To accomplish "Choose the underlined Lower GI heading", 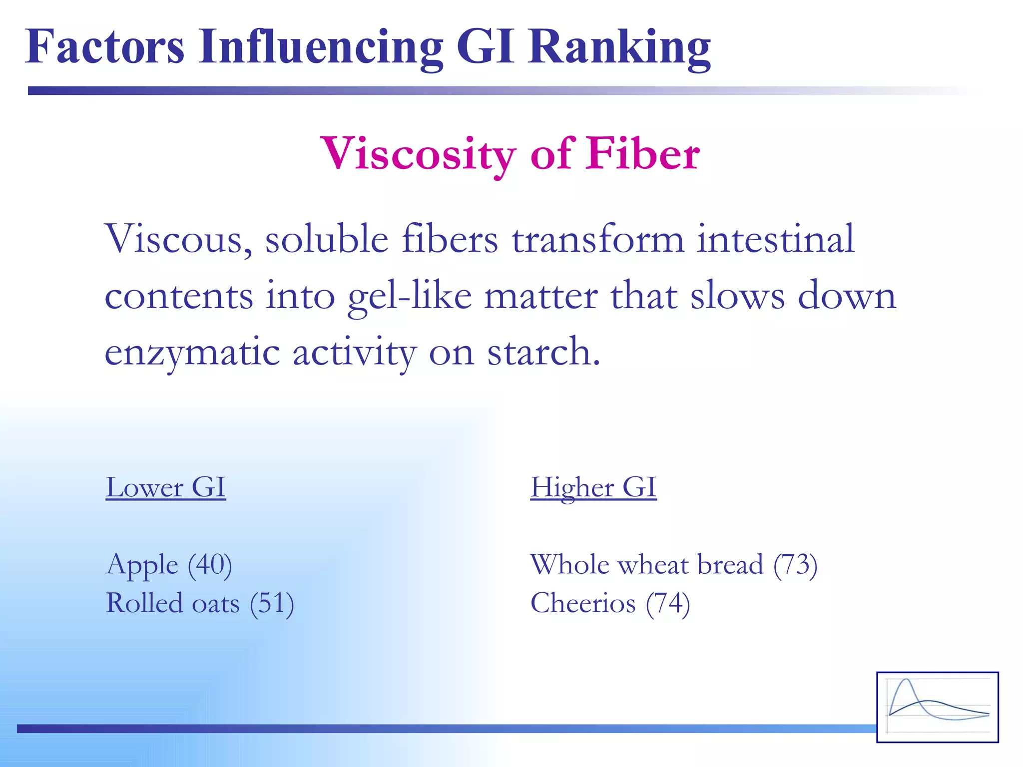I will pyautogui.click(x=166, y=487).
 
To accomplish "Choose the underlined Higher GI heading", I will pyautogui.click(x=593, y=487).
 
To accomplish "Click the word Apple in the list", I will pyautogui.click(x=142, y=565).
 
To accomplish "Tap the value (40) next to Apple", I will pyautogui.click(x=210, y=565).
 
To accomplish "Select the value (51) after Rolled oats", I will pyautogui.click(x=272, y=603).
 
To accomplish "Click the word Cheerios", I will pyautogui.click(x=582, y=603).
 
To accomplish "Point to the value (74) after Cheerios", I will pyautogui.click(x=668, y=603).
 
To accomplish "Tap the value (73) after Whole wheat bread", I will pyautogui.click(x=795, y=565).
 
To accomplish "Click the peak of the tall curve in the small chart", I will pyautogui.click(x=906, y=680).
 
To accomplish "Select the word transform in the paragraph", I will pyautogui.click(x=597, y=239).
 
